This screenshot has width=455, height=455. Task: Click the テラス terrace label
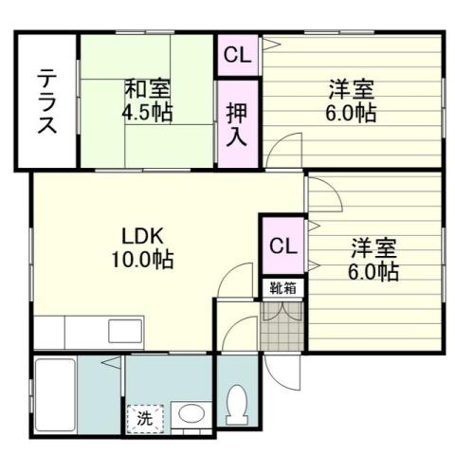click(45, 102)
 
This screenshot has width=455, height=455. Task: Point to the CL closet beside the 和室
click(237, 56)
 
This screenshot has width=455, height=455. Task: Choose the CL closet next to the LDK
click(282, 246)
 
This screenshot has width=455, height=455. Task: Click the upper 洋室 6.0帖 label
click(353, 100)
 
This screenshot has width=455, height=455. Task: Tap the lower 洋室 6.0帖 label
click(374, 260)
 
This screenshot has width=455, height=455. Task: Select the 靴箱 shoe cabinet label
click(281, 288)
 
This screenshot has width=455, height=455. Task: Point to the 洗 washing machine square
click(145, 415)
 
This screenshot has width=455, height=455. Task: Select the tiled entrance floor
click(281, 328)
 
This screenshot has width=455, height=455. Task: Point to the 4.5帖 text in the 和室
click(147, 111)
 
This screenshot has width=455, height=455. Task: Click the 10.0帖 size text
click(145, 258)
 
